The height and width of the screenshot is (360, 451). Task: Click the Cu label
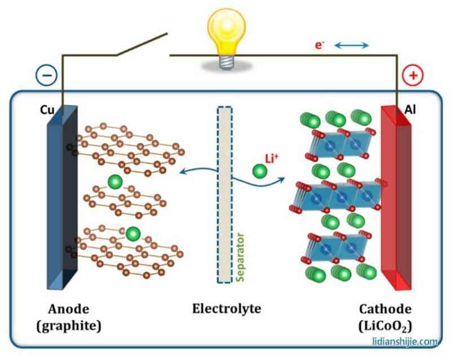tap(47, 111)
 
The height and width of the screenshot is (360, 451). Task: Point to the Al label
tap(411, 111)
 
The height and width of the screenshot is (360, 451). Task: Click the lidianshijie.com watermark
tap(405, 341)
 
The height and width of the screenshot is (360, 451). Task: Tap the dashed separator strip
tap(225, 192)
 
